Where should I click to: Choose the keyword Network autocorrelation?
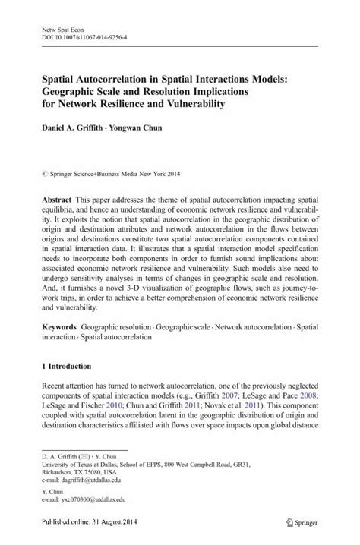tap(250, 324)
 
